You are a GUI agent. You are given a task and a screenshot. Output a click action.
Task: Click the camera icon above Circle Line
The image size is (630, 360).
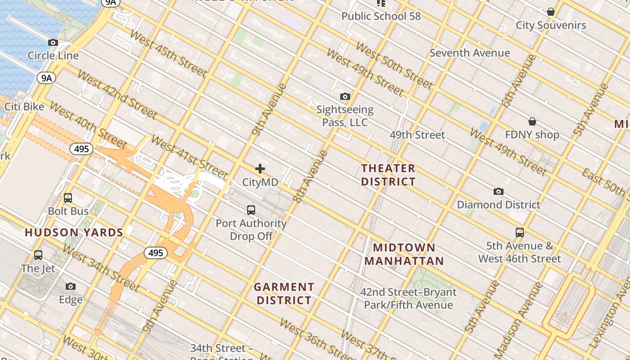(x=53, y=43)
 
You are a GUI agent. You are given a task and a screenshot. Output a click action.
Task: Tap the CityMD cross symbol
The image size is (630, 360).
(x=260, y=169)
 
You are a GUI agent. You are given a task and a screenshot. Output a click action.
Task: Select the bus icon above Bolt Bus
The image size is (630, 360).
(x=68, y=198)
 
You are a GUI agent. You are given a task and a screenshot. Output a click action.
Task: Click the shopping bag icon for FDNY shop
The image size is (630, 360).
(x=532, y=121)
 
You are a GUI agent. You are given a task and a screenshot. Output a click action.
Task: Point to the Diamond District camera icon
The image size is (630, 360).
(x=498, y=192)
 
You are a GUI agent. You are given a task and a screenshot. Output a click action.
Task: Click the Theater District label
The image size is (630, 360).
(x=388, y=175)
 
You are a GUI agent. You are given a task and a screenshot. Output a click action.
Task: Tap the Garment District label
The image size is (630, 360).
(x=284, y=293)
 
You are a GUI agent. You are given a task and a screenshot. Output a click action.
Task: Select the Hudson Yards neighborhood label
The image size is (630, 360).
(x=74, y=233)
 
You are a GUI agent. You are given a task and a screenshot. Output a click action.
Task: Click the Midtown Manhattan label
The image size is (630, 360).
(x=404, y=254)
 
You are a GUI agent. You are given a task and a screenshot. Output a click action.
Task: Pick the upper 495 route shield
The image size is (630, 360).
(x=81, y=149)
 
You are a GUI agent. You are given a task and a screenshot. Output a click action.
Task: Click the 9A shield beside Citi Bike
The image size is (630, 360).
(x=46, y=78)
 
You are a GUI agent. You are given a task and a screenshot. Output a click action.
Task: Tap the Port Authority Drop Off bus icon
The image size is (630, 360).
(x=251, y=210)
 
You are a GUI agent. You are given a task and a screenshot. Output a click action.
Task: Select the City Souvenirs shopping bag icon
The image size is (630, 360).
(x=551, y=12)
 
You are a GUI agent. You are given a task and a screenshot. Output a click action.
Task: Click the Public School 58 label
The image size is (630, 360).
(x=381, y=16)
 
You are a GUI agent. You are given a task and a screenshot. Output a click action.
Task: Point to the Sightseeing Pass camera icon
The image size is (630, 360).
(x=345, y=97)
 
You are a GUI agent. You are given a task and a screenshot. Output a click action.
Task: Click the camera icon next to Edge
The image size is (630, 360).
(x=71, y=287)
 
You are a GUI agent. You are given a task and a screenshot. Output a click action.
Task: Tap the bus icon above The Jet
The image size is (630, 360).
(x=38, y=256)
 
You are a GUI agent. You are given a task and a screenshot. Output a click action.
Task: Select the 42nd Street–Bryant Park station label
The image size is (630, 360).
(x=408, y=298)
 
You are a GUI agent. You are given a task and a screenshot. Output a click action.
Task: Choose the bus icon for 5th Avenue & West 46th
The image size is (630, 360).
(x=520, y=233)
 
